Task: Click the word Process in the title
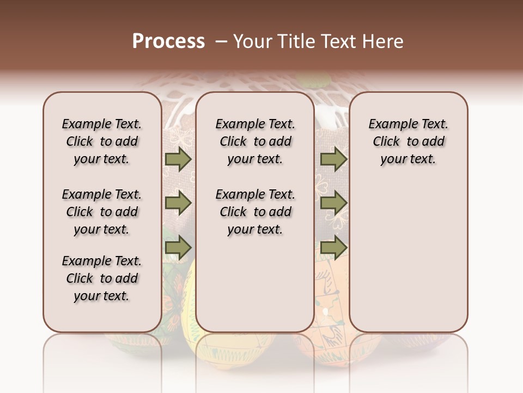[x=168, y=41]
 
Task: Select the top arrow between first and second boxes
[x=178, y=159]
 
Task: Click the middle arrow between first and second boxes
[x=178, y=203]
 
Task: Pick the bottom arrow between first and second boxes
[x=178, y=247]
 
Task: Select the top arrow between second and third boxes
[x=333, y=159]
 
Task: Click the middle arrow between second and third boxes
[x=333, y=203]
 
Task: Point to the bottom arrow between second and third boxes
[x=333, y=247]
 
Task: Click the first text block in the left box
[x=102, y=141]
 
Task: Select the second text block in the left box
[x=102, y=212]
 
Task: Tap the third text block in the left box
[x=102, y=278]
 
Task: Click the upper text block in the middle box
[x=255, y=141]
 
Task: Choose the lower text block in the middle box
[x=255, y=212]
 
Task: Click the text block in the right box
[x=409, y=141]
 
